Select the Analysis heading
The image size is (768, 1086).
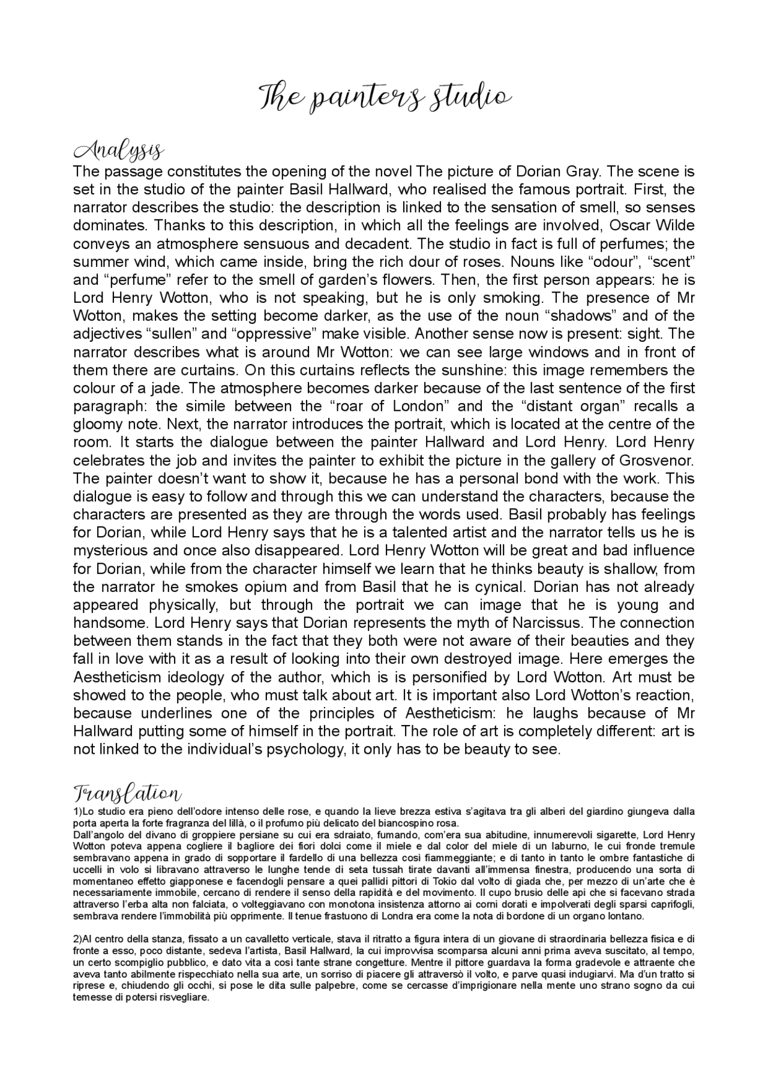(119, 151)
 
